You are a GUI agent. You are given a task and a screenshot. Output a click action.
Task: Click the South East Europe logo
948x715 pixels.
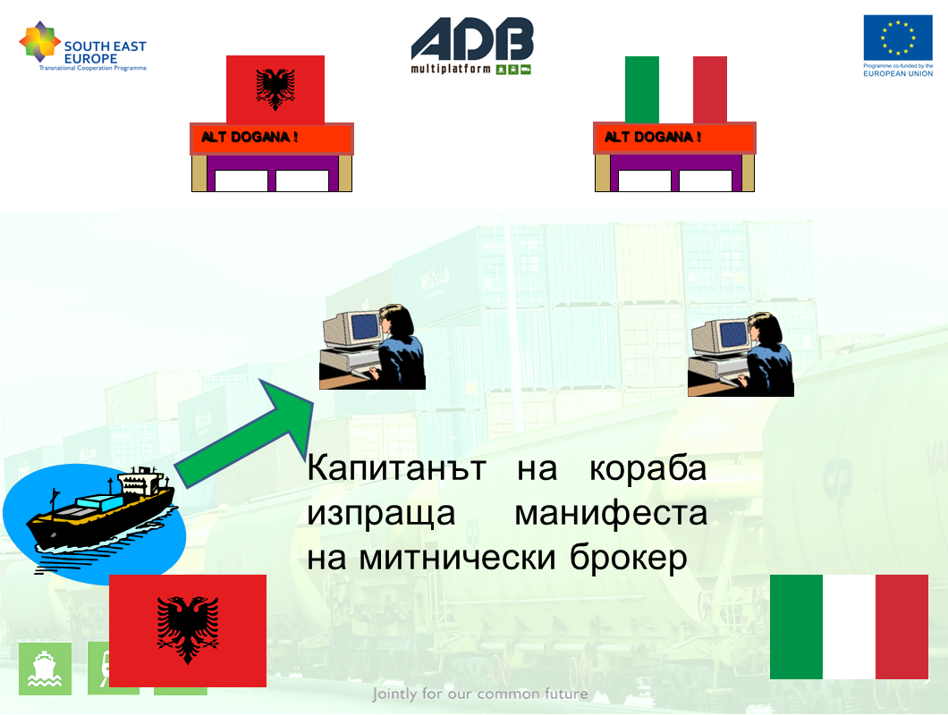pos(83,46)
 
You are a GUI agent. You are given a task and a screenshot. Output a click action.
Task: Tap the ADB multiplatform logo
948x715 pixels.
pos(472,46)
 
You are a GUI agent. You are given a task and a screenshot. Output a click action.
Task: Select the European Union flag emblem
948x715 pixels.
pos(898,38)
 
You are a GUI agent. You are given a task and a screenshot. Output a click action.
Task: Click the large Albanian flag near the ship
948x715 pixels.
pos(188,630)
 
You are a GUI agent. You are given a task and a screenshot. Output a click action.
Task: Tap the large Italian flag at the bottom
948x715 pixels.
pos(849,627)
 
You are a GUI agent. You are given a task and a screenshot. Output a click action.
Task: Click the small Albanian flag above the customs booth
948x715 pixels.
pos(275,89)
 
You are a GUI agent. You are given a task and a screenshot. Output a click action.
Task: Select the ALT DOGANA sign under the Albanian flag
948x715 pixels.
pos(272,139)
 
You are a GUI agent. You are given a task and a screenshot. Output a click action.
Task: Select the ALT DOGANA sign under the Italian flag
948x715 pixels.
pos(674,139)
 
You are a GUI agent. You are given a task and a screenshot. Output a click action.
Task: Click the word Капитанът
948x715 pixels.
pos(396,468)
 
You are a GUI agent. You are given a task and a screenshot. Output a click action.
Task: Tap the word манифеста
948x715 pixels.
pos(611,514)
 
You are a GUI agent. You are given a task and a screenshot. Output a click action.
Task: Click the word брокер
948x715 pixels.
pos(629,557)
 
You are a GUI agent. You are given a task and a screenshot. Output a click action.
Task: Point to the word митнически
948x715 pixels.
pos(457,557)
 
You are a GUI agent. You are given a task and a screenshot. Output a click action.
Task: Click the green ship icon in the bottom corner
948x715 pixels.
pos(46,669)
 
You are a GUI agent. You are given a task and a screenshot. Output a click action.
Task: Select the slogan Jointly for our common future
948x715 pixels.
pos(480,694)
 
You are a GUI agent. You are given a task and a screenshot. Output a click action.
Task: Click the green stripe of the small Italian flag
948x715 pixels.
pos(641,89)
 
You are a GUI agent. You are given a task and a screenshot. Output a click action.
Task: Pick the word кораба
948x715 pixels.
pos(648,468)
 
